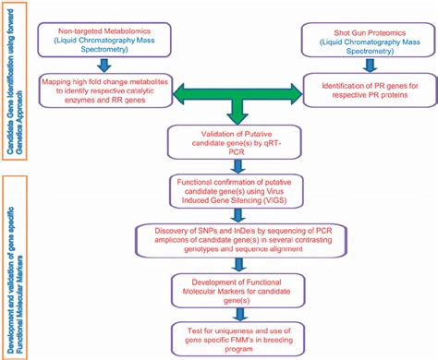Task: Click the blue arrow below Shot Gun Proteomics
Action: point(367,64)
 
